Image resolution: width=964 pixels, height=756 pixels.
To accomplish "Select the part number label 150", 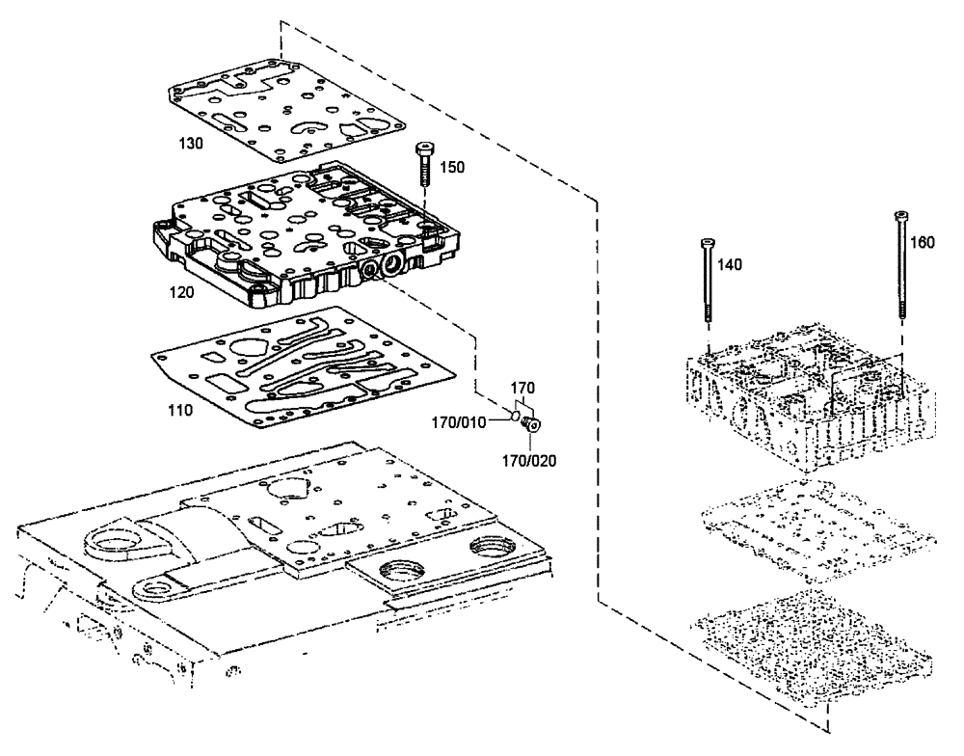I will point(453,167).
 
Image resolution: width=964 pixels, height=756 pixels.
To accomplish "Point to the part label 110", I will point(178,410).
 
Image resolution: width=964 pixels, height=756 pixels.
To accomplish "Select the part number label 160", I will point(923,243).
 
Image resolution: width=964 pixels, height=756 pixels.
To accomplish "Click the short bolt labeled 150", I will point(424,165).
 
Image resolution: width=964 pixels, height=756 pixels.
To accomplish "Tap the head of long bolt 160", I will point(900,215).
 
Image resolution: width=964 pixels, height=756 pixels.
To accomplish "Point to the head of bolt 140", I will point(707,241).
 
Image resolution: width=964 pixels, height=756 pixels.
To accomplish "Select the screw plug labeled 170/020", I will point(533,424).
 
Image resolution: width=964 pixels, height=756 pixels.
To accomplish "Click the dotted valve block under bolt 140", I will point(810,405).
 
